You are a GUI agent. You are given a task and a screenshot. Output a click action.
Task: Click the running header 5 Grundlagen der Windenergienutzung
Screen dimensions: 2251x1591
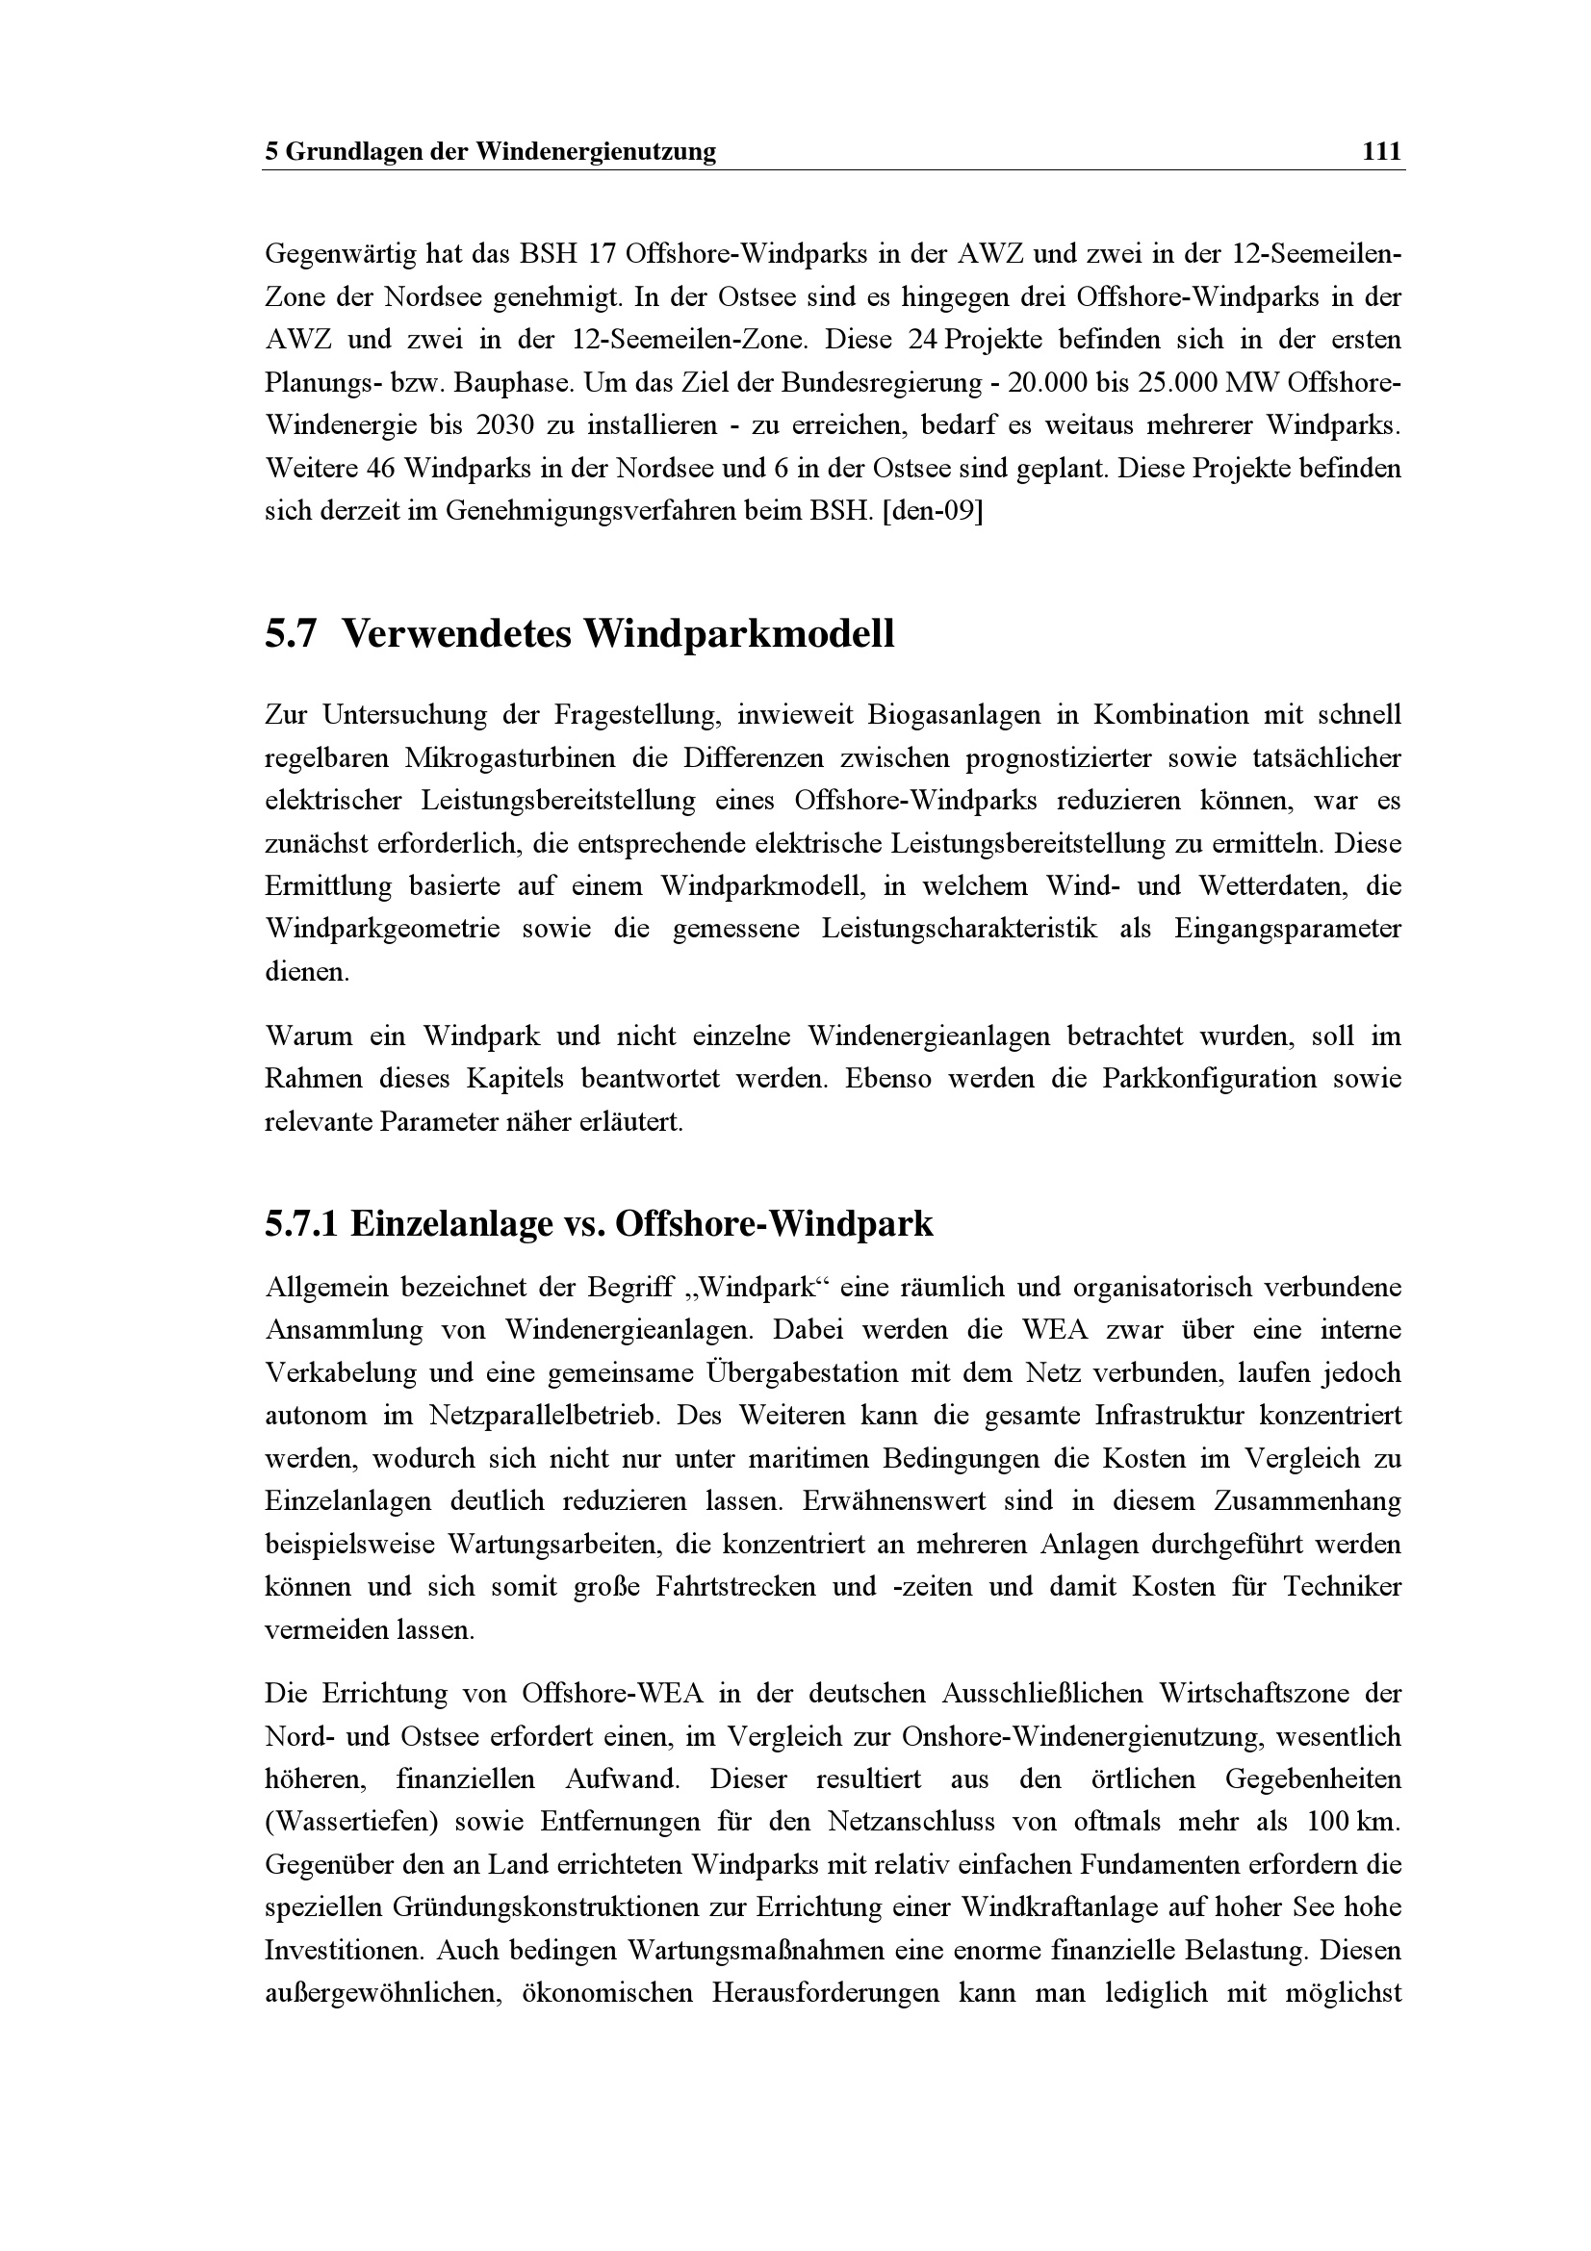point(490,152)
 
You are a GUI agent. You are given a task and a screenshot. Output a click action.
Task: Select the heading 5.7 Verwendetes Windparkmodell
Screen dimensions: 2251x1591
point(579,634)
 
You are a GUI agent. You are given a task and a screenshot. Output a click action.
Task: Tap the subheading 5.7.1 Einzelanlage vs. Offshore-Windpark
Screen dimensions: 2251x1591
point(598,1223)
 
